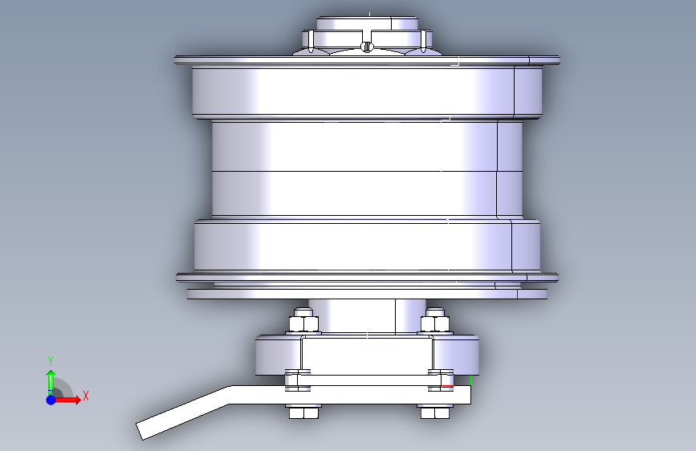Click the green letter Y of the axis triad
(51, 361)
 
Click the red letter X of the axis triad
(86, 396)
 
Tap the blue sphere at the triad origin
(51, 400)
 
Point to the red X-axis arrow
(67, 400)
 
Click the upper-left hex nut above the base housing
(303, 320)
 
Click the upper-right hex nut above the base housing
(435, 320)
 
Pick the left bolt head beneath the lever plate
(303, 412)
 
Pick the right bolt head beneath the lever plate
(435, 412)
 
